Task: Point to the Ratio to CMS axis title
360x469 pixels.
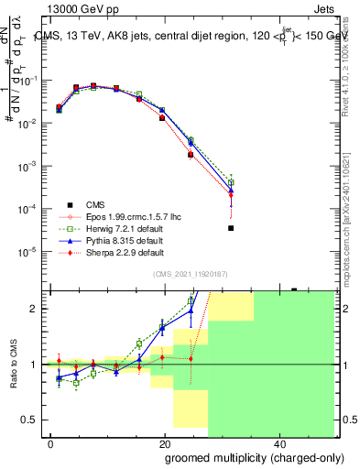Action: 13,365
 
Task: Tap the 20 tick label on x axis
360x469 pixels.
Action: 165,443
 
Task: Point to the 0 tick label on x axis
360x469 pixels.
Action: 51,443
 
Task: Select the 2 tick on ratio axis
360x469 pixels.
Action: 33,309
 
